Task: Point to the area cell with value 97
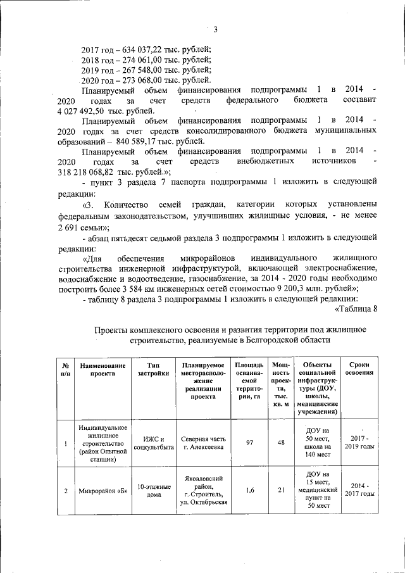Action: pyautogui.click(x=249, y=443)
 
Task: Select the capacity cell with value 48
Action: pyautogui.click(x=280, y=443)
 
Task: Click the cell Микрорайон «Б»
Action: pyautogui.click(x=103, y=491)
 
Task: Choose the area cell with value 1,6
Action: pyautogui.click(x=249, y=491)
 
